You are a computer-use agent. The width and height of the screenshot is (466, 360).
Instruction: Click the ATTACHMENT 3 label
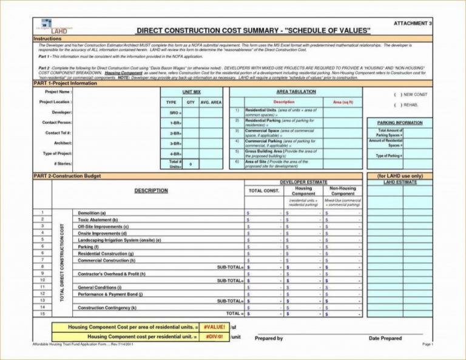[413, 22]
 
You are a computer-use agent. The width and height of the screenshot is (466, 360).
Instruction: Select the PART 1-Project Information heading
[65, 83]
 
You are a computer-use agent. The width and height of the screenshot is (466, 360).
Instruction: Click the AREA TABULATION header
[295, 92]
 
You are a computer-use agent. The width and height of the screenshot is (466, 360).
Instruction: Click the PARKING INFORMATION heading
[399, 123]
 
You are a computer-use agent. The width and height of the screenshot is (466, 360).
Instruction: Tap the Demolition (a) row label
[92, 213]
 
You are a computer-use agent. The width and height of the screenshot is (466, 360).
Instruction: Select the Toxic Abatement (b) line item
[98, 220]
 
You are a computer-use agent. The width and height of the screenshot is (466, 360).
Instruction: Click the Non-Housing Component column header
[343, 191]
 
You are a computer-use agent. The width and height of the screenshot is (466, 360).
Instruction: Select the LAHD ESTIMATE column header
[400, 182]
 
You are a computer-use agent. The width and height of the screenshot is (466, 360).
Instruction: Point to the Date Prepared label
[385, 338]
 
